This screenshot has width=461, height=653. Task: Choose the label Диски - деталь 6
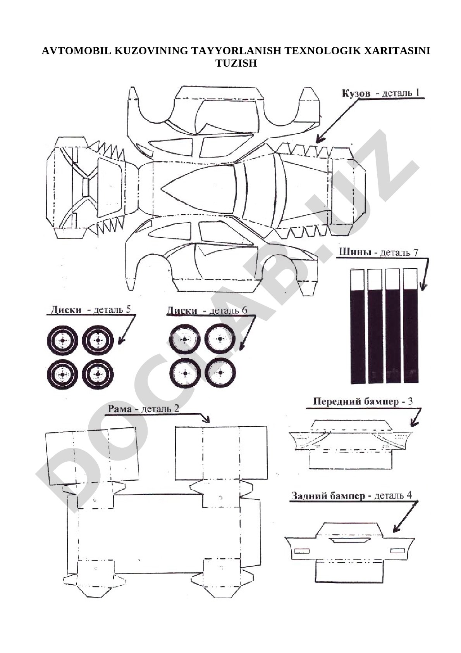tap(207, 310)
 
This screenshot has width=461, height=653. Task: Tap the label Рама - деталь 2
tap(143, 409)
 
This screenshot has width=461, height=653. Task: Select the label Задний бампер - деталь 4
tap(352, 496)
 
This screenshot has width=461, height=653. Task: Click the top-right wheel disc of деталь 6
tap(220, 338)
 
